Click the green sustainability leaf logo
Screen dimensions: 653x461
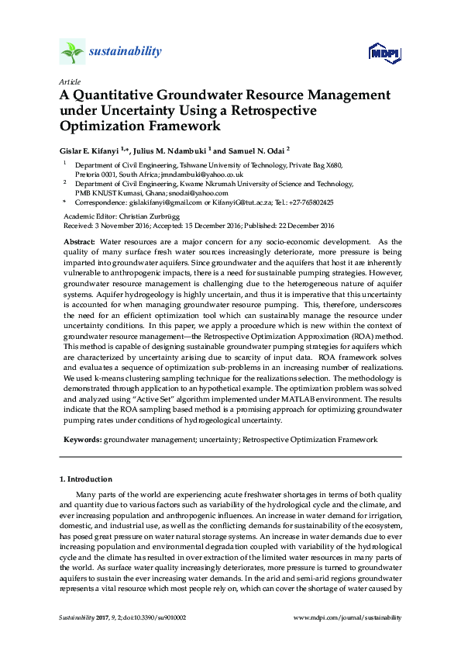pos(72,53)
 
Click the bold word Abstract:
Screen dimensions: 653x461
pos(80,243)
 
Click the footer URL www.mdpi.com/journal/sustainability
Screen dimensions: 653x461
pos(349,617)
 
